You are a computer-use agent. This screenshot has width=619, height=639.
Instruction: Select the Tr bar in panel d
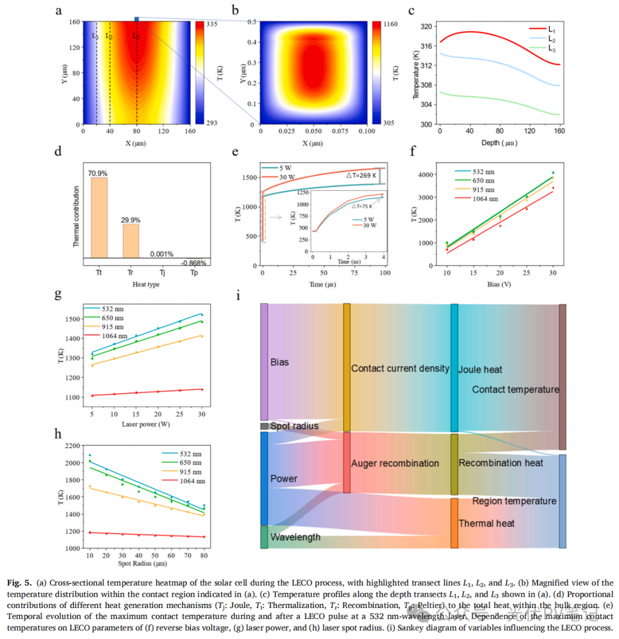131,240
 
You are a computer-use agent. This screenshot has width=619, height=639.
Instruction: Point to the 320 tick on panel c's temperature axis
426,26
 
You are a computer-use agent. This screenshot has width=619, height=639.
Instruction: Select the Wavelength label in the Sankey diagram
295,537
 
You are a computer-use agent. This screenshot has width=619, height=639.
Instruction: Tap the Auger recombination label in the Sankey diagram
396,463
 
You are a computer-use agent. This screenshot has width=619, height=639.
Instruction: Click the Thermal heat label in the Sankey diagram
486,523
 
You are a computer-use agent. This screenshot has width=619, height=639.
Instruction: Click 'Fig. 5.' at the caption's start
21,582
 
